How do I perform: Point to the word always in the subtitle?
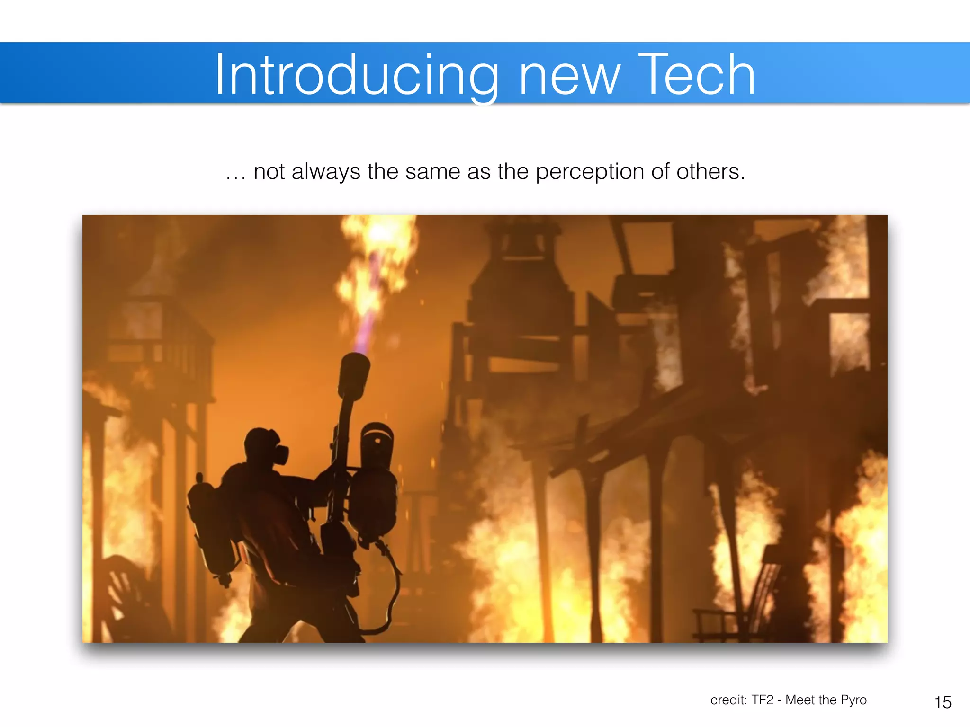click(x=326, y=172)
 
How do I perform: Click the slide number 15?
click(x=943, y=702)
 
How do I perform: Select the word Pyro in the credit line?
click(x=853, y=700)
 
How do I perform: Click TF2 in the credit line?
click(x=762, y=700)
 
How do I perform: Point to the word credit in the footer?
click(x=727, y=700)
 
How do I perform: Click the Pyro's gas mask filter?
click(x=280, y=454)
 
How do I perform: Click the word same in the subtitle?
click(x=433, y=172)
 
